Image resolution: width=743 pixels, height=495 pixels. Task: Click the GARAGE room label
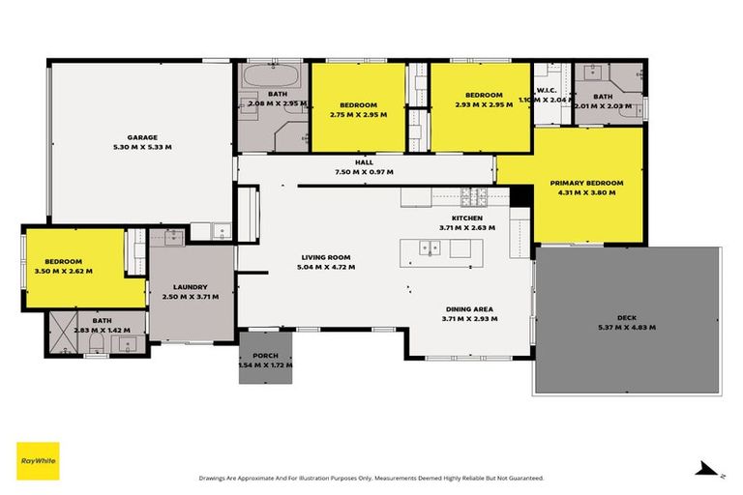141,137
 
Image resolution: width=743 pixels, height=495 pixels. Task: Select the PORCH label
266,355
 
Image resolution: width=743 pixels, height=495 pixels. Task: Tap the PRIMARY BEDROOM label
586,182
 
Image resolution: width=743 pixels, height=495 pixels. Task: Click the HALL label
364,162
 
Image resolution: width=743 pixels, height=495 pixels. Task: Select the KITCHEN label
467,218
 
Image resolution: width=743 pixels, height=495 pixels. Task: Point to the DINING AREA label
468,308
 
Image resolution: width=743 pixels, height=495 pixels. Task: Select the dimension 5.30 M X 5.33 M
141,147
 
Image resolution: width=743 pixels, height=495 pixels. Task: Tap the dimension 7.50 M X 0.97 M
364,172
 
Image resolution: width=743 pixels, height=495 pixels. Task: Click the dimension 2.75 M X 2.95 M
358,114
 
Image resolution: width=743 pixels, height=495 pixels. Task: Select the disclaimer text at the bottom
371,478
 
